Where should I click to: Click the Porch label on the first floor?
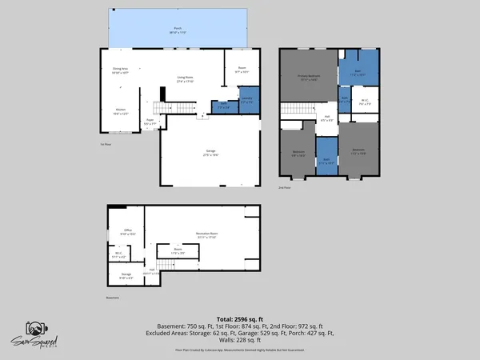(175, 30)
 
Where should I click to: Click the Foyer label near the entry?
(150, 122)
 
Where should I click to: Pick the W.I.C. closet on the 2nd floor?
(364, 102)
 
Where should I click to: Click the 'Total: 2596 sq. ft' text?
(239, 318)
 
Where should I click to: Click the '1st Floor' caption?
(105, 144)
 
